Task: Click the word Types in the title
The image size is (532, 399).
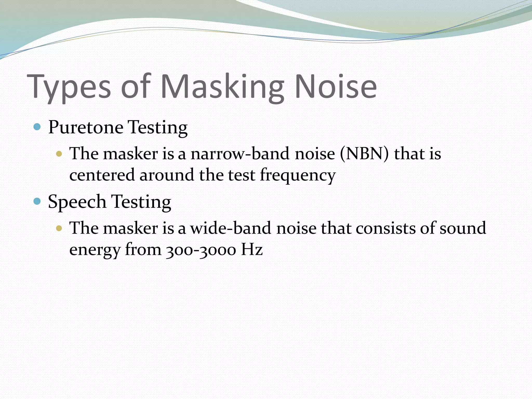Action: click(x=69, y=87)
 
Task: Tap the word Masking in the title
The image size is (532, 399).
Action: click(x=222, y=87)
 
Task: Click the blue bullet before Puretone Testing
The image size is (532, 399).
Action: click(x=37, y=127)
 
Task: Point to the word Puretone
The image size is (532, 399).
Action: click(x=86, y=128)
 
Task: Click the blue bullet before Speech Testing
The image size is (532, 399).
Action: click(x=37, y=201)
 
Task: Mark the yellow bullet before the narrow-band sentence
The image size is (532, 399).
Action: click(x=59, y=154)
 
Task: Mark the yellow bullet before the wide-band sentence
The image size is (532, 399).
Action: click(x=59, y=228)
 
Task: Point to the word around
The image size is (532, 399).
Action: click(x=167, y=175)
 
